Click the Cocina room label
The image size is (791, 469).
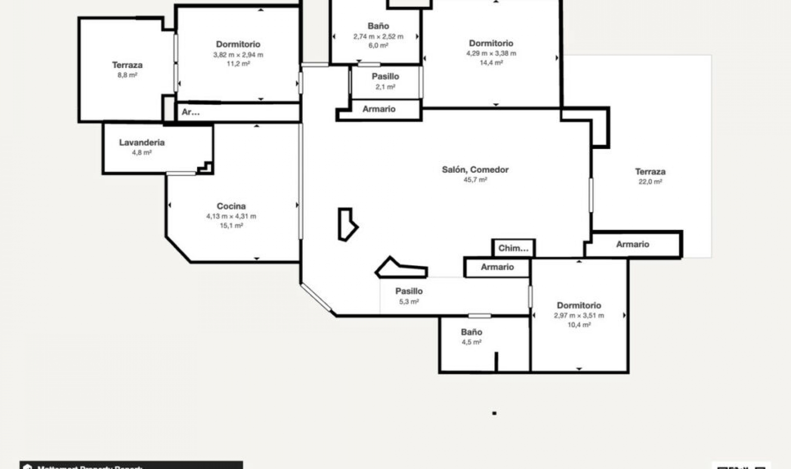231,206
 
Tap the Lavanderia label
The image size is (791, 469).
142,142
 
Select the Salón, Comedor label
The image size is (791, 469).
475,169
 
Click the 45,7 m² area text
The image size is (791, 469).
475,180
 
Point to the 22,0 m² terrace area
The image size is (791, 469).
650,182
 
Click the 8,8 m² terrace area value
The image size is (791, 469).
127,75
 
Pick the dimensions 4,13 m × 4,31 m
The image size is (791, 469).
231,216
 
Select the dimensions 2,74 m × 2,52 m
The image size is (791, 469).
378,37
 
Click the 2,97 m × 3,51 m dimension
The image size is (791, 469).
579,316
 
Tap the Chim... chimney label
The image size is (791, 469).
513,248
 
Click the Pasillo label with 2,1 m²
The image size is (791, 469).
385,77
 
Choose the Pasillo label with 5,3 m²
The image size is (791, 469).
409,291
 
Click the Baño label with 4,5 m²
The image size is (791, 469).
471,332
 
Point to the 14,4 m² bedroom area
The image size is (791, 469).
491,63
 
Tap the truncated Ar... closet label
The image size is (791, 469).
190,112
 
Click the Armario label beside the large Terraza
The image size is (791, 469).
632,244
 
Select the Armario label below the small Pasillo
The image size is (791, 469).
379,109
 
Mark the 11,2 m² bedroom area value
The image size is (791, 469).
238,64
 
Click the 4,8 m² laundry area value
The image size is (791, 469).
142,153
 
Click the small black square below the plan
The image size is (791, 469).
494,413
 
